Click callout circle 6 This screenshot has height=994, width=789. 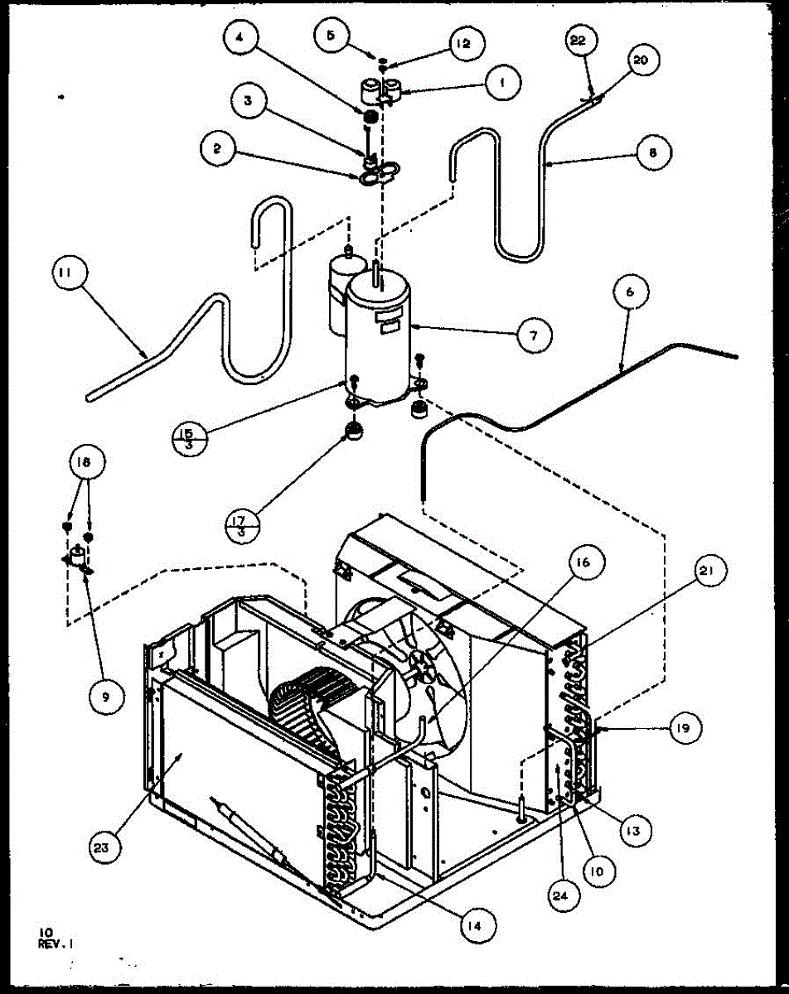pos(632,292)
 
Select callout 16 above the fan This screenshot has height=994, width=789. pos(582,563)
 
